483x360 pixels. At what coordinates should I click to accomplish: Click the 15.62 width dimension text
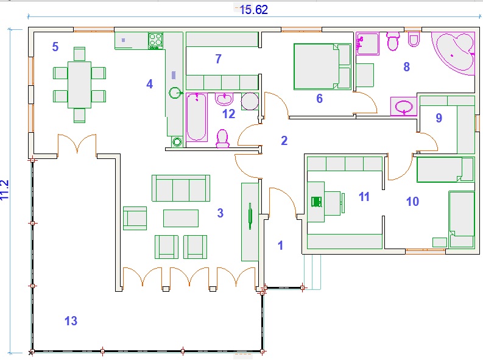click(x=253, y=10)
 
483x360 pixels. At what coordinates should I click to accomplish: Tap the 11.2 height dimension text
click(x=4, y=190)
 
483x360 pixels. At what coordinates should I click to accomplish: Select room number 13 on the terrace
click(x=71, y=321)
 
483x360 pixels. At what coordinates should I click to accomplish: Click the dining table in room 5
click(x=79, y=85)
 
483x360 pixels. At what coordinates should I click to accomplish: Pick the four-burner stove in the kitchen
click(x=155, y=41)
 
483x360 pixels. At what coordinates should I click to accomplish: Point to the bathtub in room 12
click(x=197, y=117)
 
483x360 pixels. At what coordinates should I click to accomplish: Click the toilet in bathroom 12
click(x=222, y=139)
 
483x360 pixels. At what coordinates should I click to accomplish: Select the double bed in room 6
click(x=323, y=66)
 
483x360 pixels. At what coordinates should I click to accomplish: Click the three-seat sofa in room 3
click(x=181, y=188)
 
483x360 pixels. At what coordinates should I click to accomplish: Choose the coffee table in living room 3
click(x=181, y=218)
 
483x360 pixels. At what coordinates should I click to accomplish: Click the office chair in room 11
click(x=316, y=202)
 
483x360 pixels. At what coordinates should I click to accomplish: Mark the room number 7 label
click(x=219, y=58)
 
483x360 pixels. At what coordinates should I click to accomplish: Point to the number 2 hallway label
click(x=284, y=141)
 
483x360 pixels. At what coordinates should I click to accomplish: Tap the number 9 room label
click(x=439, y=118)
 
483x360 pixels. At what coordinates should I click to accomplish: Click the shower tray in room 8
click(x=367, y=44)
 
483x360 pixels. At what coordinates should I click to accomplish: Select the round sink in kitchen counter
click(x=175, y=93)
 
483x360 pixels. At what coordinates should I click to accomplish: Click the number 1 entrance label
click(x=280, y=245)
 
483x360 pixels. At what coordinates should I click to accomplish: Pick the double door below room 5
click(x=77, y=144)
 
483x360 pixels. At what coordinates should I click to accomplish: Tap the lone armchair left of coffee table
click(x=135, y=218)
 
